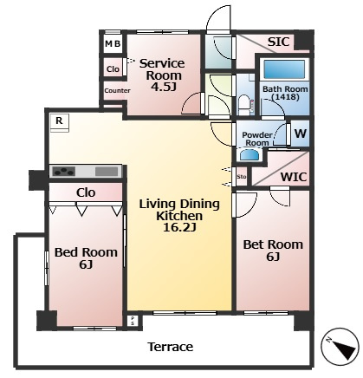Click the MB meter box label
113,43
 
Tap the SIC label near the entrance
278,42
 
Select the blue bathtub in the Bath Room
284,69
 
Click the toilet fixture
244,105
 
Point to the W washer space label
301,134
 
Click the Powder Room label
257,139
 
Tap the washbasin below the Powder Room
249,155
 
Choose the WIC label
294,177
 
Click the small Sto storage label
242,176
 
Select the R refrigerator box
60,121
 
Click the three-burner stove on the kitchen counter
64,171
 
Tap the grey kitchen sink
107,172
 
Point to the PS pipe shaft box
133,321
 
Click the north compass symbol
340,347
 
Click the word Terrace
171,347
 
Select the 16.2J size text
179,228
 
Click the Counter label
117,90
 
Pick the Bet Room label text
273,244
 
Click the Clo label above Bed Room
86,192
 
